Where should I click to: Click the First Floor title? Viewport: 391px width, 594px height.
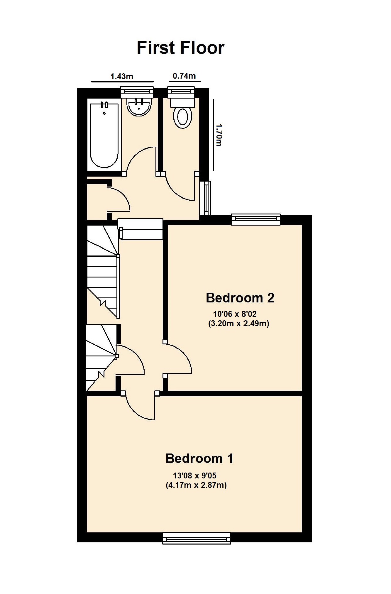coord(180,48)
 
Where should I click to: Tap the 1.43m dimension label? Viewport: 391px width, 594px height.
coord(122,77)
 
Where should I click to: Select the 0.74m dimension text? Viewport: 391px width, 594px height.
coord(184,76)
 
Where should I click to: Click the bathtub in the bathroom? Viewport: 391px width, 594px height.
coord(104,135)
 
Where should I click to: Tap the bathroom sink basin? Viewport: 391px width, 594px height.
coord(139,107)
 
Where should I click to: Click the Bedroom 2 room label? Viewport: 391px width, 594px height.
coord(240,298)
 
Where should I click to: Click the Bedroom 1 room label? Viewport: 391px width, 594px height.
coord(199,458)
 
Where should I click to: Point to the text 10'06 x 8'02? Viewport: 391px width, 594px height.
coord(235,314)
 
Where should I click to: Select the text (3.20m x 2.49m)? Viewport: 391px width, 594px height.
coord(238,324)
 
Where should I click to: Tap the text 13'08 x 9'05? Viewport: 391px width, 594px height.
coord(194,475)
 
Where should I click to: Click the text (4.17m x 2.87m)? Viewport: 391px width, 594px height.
coord(196,485)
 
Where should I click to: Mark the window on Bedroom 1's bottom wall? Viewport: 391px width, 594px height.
coord(197,539)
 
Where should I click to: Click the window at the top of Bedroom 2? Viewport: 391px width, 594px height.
coord(255,219)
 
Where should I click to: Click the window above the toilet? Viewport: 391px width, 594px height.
coord(181,92)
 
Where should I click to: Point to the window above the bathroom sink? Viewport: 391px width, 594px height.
coord(137,92)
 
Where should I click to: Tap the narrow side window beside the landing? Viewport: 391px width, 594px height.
coord(205,198)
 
